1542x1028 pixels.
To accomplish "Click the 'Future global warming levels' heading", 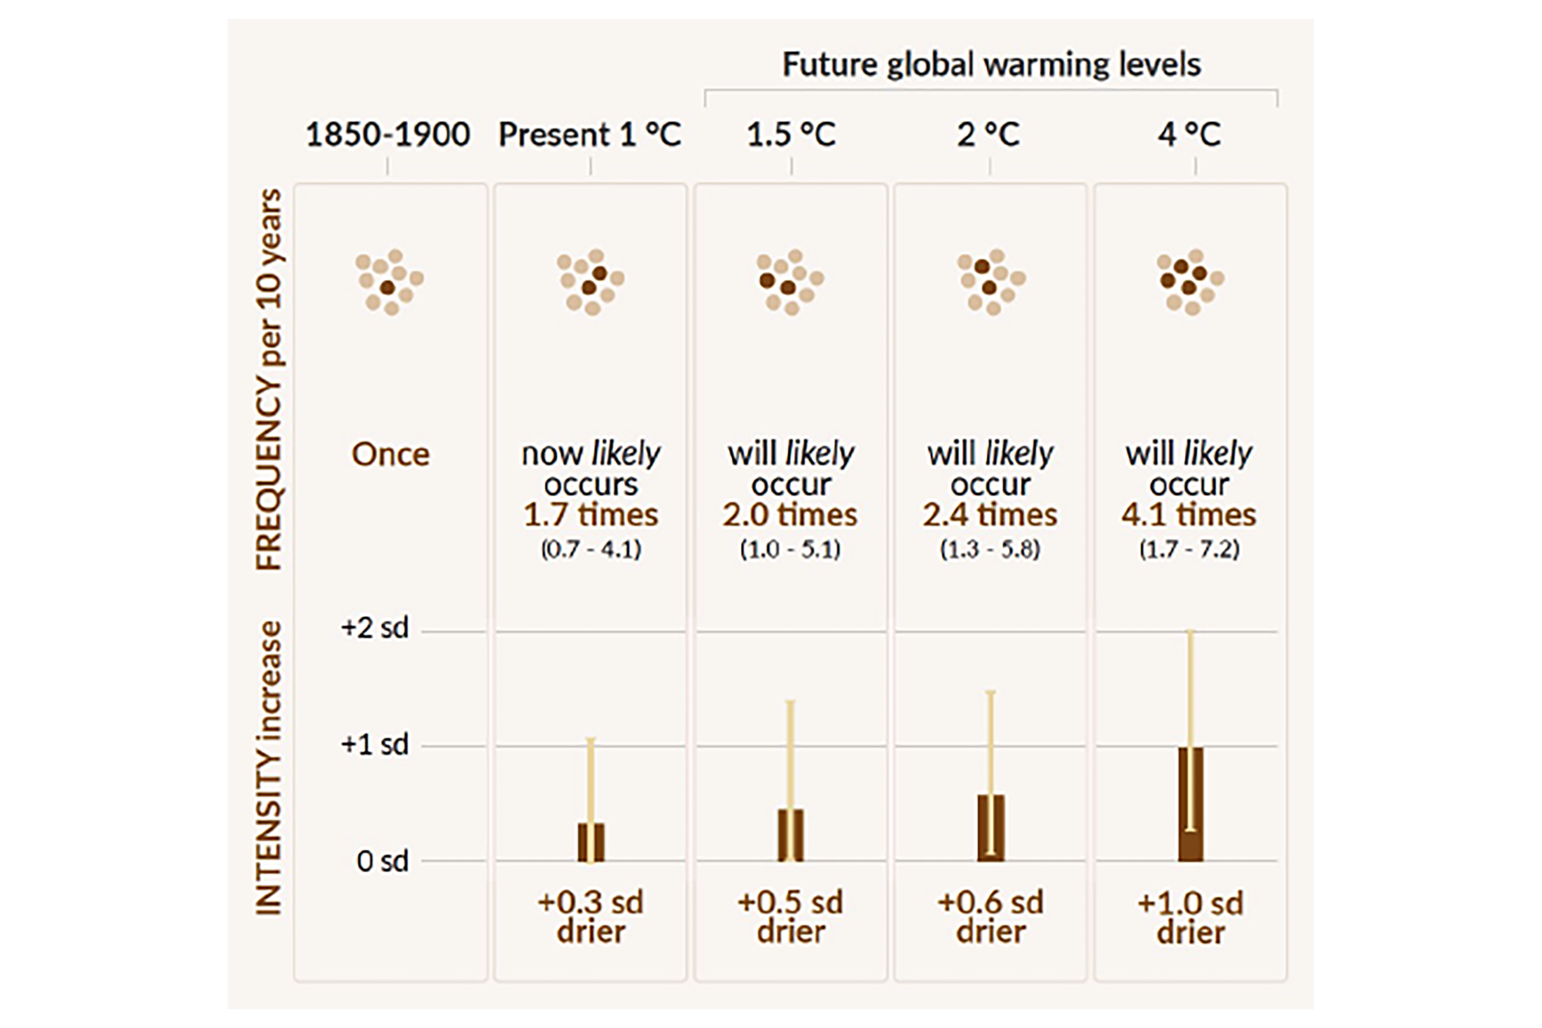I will pyautogui.click(x=991, y=64).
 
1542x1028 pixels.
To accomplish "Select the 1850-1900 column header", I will pyautogui.click(x=388, y=134).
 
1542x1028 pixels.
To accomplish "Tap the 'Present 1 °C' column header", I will pyautogui.click(x=589, y=134).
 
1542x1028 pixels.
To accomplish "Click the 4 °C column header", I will pyautogui.click(x=1189, y=134).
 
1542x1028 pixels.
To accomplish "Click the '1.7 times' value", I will pyautogui.click(x=590, y=515).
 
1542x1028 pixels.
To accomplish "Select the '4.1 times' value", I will pyautogui.click(x=1189, y=515).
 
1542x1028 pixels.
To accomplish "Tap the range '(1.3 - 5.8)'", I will pyautogui.click(x=990, y=549).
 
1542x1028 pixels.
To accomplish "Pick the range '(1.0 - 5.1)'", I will pyautogui.click(x=790, y=549).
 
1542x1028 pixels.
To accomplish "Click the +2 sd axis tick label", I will pyautogui.click(x=374, y=628).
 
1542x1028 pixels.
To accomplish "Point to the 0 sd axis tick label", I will pyautogui.click(x=382, y=861).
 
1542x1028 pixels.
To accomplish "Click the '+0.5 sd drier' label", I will pyautogui.click(x=790, y=917).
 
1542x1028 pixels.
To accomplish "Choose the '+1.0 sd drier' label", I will pyautogui.click(x=1190, y=917).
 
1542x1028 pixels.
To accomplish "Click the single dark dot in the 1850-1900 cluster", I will pyautogui.click(x=388, y=287).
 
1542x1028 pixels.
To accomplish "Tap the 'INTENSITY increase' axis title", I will pyautogui.click(x=269, y=767).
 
